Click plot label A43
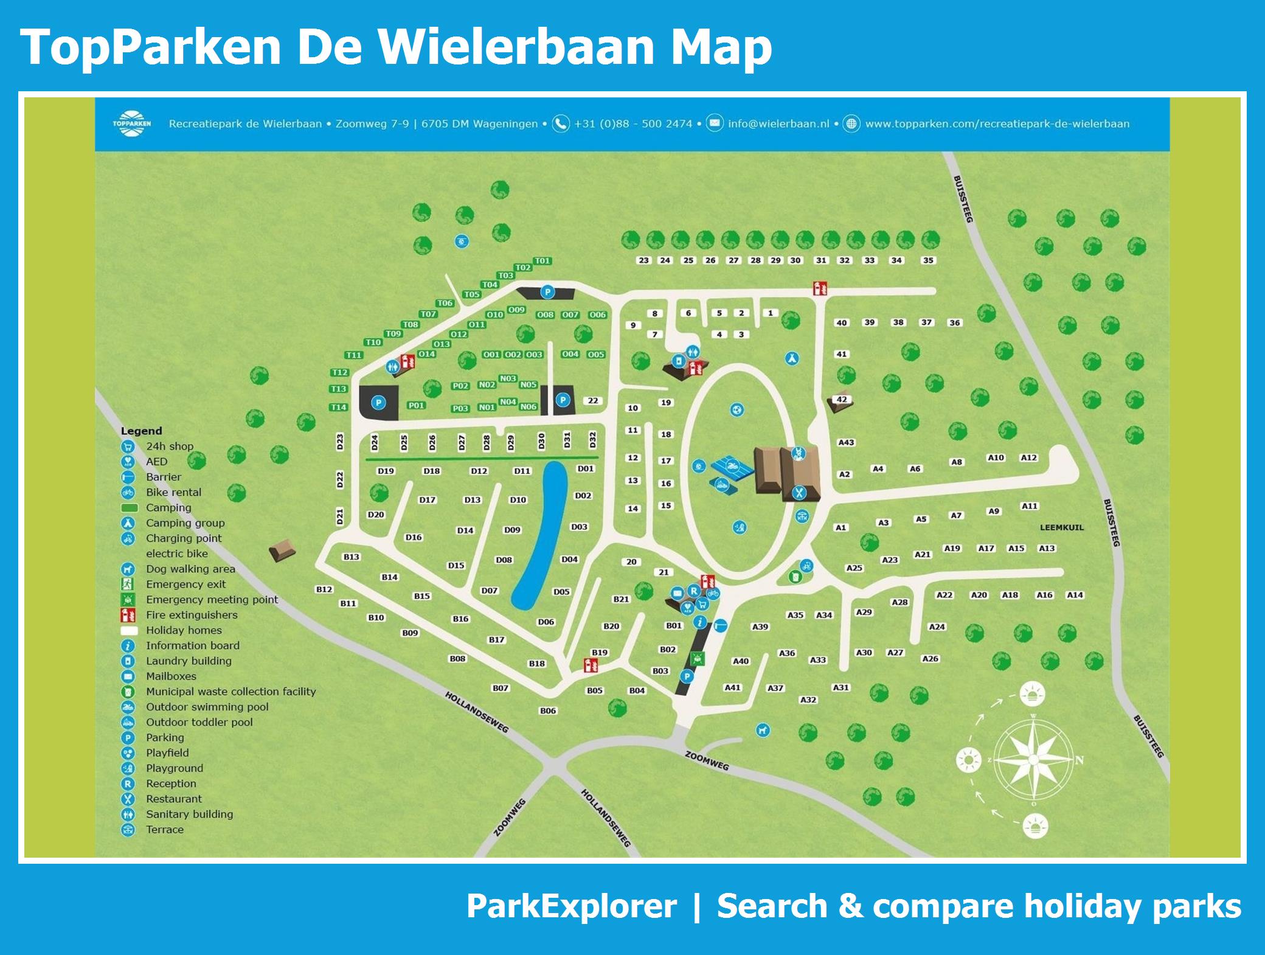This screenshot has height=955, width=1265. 846,442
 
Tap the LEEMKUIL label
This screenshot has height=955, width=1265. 1061,527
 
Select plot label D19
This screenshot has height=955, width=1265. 386,471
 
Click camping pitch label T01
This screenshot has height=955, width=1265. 542,261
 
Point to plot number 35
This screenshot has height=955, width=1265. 928,260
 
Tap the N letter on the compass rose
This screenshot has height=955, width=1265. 1080,760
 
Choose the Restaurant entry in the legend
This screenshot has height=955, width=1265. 173,799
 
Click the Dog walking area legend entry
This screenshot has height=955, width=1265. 190,569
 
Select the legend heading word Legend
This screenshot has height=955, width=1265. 141,431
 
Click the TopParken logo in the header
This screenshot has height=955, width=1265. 131,123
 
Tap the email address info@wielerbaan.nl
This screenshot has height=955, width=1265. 778,123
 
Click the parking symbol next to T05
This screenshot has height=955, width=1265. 547,293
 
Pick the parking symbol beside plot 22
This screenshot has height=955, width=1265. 563,400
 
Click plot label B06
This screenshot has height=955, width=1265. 547,710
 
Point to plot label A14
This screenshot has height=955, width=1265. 1075,595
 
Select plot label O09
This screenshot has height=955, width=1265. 516,310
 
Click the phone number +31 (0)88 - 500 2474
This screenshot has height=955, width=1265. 632,123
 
